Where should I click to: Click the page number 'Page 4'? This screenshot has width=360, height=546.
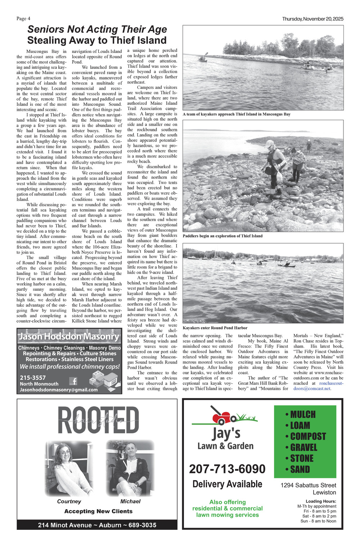[23, 19]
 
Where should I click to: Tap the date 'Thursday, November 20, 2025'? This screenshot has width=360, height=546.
[312, 19]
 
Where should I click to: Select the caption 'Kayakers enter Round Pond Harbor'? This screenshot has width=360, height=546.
[215, 328]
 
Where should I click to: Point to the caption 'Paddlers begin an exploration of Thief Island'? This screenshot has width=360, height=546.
[222, 236]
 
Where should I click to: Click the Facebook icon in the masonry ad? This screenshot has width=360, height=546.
[73, 381]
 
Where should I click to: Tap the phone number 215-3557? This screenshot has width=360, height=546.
[33, 378]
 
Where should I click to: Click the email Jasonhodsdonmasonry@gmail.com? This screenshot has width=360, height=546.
[59, 390]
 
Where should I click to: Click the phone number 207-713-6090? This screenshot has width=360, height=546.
[227, 469]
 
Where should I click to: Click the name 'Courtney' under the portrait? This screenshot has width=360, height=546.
[69, 501]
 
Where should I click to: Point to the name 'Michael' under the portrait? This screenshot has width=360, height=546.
[130, 501]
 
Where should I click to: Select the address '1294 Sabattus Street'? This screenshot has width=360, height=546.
[308, 485]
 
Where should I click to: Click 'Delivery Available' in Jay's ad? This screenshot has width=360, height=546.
[227, 484]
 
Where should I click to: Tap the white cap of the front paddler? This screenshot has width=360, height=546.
[269, 143]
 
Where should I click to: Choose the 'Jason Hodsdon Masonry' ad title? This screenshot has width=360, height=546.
[69, 337]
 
